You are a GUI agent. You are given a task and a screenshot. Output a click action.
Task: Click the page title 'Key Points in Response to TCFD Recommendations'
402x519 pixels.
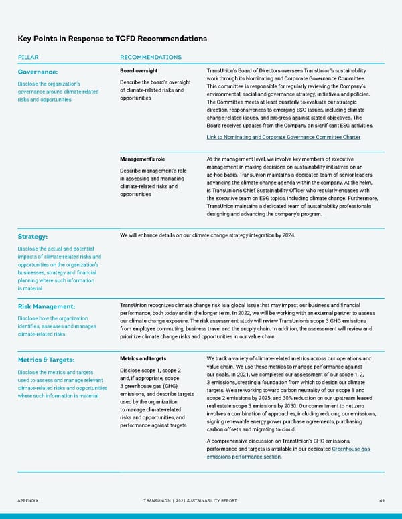(x=112, y=39)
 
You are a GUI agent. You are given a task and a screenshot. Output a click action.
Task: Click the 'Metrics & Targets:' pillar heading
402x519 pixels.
(x=51, y=360)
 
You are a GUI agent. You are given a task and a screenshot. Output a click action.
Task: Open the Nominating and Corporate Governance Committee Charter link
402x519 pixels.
(x=283, y=137)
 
